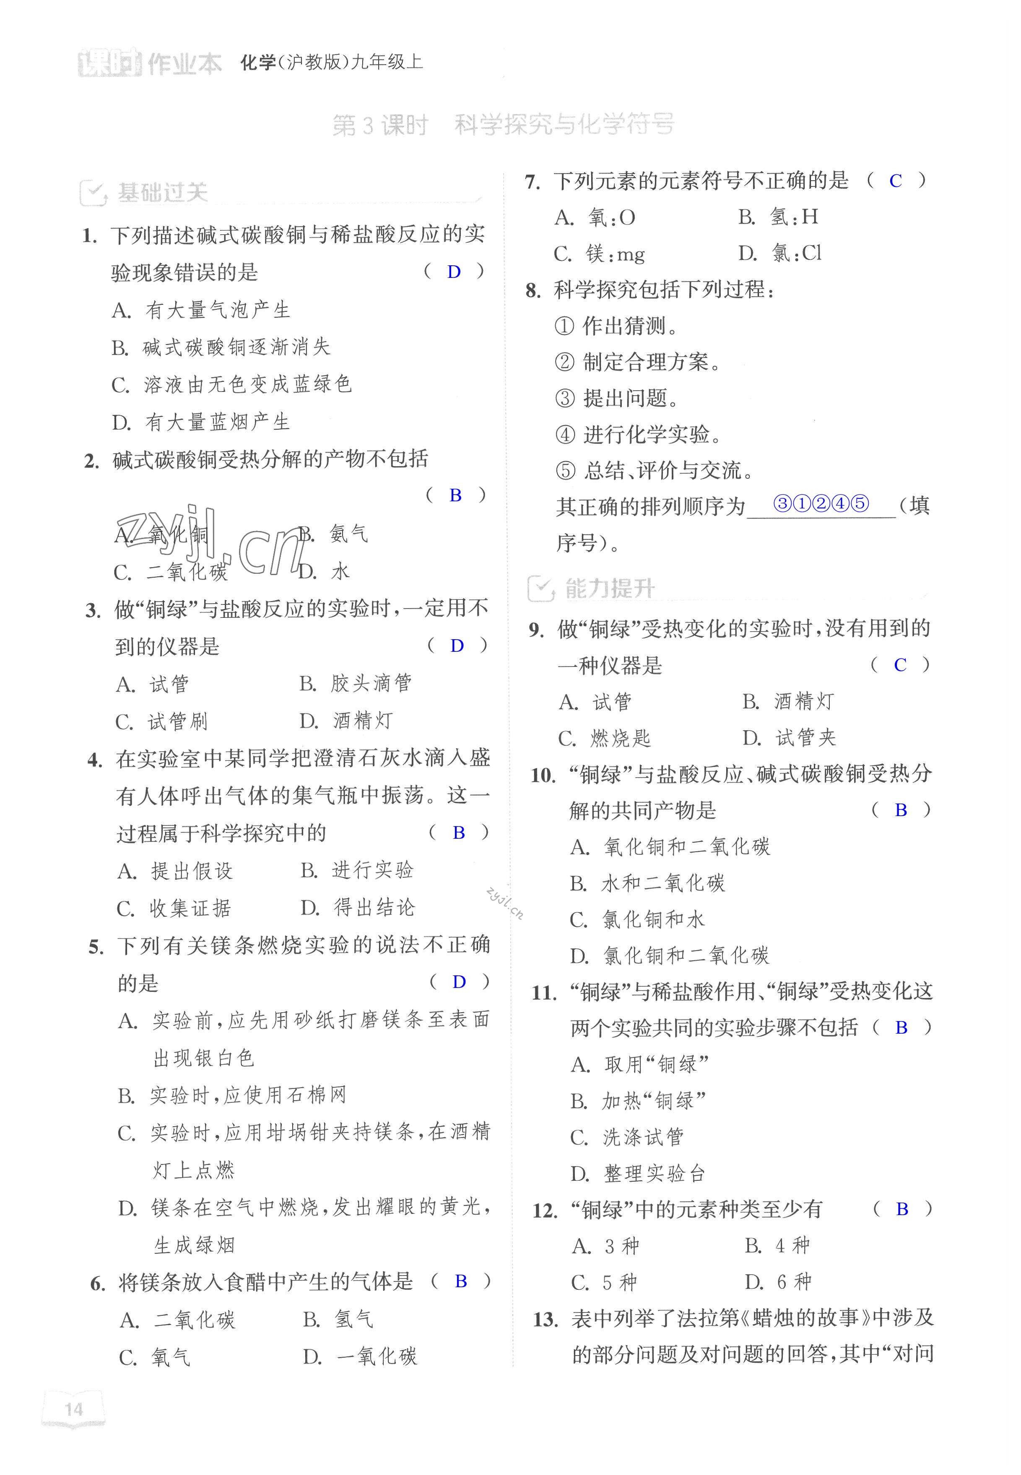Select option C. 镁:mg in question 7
point(600,254)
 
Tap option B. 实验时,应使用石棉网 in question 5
point(231,1095)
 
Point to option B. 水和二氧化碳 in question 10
point(647,884)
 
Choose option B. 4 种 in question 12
point(777,1245)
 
